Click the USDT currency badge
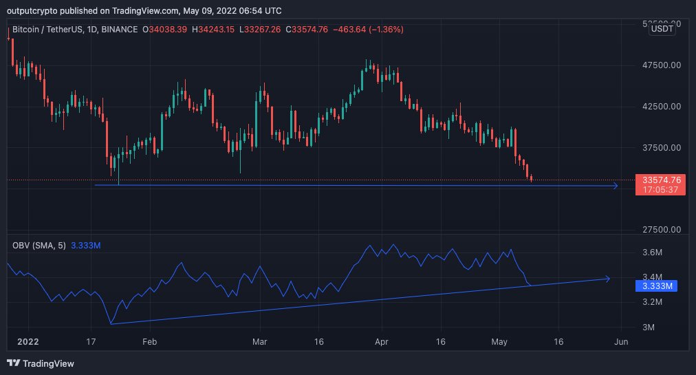click(662, 29)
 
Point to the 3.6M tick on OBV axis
click(653, 252)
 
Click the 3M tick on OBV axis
click(649, 328)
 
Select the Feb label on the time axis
click(150, 341)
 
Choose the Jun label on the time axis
click(621, 341)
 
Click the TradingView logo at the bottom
click(41, 363)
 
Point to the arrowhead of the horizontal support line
click(614, 186)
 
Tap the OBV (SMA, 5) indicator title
click(39, 244)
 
